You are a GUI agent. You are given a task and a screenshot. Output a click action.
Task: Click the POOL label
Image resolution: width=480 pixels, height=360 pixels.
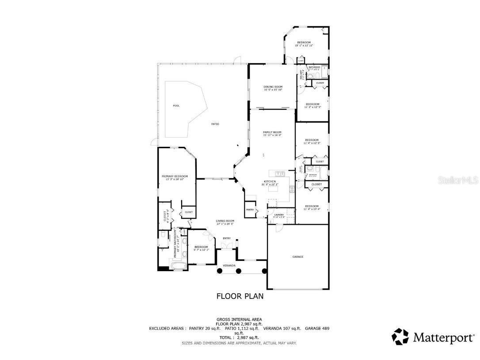(x=176, y=106)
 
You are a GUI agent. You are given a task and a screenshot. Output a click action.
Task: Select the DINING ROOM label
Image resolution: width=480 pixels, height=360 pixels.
(x=273, y=87)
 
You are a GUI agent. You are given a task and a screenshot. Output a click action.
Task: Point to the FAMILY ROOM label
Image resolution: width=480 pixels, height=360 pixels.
(x=272, y=132)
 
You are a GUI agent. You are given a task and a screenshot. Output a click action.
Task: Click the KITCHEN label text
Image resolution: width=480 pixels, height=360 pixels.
(x=270, y=181)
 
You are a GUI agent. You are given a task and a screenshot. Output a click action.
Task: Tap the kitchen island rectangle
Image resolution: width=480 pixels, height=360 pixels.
(x=273, y=189)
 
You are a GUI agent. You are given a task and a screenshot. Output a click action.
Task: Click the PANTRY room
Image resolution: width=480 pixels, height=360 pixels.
(x=250, y=209)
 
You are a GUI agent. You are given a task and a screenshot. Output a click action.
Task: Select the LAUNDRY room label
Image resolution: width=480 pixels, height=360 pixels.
(x=278, y=215)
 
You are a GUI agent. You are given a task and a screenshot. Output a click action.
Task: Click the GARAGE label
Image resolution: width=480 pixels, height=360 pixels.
(x=298, y=257)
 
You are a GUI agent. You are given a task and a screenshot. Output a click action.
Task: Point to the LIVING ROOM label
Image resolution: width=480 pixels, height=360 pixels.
(x=225, y=221)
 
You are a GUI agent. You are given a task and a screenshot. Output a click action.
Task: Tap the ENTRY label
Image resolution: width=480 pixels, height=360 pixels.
(x=227, y=238)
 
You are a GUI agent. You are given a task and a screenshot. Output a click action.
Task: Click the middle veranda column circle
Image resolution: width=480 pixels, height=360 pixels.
(x=238, y=271)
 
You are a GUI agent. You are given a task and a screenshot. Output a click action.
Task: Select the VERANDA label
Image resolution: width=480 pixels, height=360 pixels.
(x=229, y=265)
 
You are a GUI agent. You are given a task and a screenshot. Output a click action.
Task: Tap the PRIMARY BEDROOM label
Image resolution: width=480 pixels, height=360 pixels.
(x=175, y=176)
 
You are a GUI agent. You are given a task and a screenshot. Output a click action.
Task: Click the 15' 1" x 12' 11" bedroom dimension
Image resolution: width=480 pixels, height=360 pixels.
(x=304, y=46)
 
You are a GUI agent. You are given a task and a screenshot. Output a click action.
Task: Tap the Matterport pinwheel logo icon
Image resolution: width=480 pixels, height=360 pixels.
(x=400, y=337)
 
